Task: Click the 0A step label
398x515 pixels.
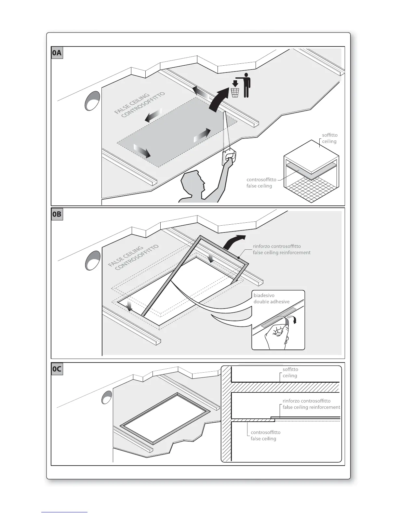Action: (57, 53)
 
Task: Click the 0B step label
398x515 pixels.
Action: (57, 215)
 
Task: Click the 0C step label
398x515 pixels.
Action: (57, 369)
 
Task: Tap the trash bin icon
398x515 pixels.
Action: (235, 93)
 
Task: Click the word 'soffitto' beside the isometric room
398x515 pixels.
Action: (330, 135)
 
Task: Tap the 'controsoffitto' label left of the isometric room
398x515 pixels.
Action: (261, 179)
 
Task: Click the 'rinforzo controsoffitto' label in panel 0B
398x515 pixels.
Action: (277, 246)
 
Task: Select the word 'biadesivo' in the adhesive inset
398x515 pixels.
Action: (264, 296)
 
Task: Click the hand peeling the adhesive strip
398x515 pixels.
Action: (277, 335)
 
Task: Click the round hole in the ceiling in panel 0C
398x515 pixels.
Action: (107, 397)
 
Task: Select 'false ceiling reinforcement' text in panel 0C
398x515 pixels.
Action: (311, 407)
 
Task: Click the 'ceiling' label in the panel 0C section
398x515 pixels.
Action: (290, 376)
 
